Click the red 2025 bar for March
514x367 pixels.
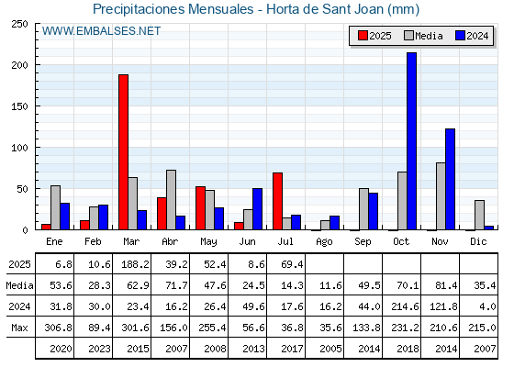pos(124,152)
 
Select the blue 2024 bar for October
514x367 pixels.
pos(412,141)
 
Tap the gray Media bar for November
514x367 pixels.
pos(441,196)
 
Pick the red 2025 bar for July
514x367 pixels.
pos(277,201)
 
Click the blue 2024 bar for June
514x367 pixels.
pos(257,209)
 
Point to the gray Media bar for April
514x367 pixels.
pos(171,200)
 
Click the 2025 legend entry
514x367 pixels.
pos(374,36)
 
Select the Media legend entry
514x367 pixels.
pos(423,36)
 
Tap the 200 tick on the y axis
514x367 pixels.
pos(20,65)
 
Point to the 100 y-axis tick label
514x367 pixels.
pos(20,148)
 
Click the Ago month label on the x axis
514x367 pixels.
pos(324,242)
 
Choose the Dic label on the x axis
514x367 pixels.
pos(478,241)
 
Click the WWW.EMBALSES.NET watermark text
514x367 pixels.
pos(101,31)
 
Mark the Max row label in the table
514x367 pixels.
pos(19,328)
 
